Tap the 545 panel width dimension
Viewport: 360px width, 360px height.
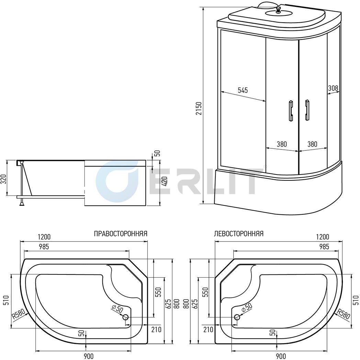(x=243, y=90)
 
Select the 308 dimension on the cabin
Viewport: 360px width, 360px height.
(x=333, y=88)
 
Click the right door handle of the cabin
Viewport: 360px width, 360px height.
(x=307, y=110)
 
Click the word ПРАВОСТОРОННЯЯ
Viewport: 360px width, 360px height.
(x=121, y=234)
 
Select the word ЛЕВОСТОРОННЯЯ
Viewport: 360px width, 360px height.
(x=238, y=234)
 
